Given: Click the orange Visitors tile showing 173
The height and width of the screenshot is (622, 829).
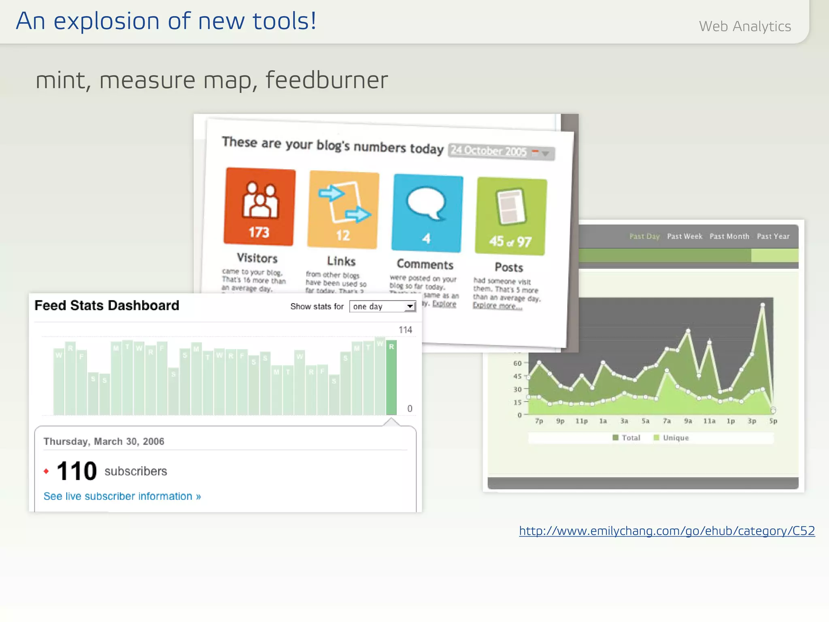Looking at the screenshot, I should coord(259,207).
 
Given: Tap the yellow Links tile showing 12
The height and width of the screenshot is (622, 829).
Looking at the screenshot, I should coord(343,210).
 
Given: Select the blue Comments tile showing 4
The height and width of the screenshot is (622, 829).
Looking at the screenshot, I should coord(427,213).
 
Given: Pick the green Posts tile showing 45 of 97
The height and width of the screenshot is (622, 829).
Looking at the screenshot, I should coord(511,217).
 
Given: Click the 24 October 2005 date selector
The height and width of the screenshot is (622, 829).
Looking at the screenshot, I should coord(501,152).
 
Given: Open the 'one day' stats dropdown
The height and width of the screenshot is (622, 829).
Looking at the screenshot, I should coord(383,307).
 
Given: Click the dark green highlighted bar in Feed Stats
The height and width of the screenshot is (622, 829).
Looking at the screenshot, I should coord(391,377).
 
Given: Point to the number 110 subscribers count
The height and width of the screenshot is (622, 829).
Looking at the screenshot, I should coord(77,471).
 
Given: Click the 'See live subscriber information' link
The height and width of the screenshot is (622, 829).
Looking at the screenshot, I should coord(122,496).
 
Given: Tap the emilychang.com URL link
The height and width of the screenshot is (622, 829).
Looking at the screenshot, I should coord(667,531).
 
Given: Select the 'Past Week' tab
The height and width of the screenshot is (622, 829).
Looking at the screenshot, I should coord(684,236).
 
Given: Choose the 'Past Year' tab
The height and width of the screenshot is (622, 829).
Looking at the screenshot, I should coord(773,236).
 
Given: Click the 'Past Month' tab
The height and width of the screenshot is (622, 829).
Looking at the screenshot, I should coord(729,236).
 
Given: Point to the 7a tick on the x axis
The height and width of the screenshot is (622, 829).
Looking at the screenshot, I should coord(667,421).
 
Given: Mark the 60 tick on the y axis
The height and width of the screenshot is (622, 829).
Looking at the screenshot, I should coord(518,363).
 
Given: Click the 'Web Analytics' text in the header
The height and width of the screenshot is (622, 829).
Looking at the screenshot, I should coord(745,26).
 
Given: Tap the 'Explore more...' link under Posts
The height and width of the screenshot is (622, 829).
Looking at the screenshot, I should coord(497,306).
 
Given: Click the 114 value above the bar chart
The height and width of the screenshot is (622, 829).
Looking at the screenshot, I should coord(405,330).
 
